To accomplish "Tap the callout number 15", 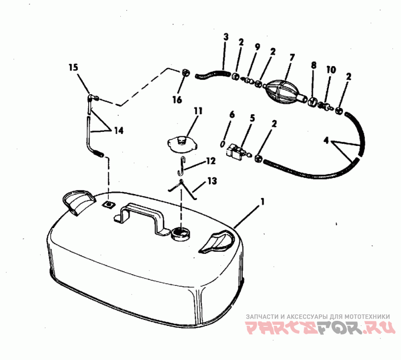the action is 73,68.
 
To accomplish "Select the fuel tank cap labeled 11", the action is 182,145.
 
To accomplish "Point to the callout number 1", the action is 262,202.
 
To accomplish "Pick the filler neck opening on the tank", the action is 180,233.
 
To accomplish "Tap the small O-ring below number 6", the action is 223,144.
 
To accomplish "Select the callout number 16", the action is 177,100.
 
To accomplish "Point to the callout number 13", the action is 213,181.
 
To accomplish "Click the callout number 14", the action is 118,130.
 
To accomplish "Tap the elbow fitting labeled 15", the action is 92,98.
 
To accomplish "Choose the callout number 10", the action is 331,70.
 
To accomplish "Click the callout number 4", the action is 326,141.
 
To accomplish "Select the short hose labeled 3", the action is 212,74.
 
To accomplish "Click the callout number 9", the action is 257,47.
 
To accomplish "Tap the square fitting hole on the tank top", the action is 108,205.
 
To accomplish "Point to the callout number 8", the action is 314,65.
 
